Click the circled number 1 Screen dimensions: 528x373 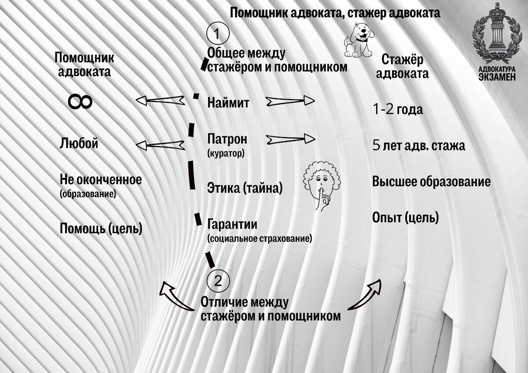pyautogui.click(x=216, y=33)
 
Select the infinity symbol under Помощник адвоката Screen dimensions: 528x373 pyautogui.click(x=80, y=102)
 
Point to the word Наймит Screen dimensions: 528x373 pyautogui.click(x=228, y=103)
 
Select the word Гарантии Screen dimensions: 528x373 pyautogui.click(x=232, y=225)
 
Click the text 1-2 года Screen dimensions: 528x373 pyautogui.click(x=398, y=109)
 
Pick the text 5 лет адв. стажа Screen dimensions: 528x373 pyautogui.click(x=418, y=146)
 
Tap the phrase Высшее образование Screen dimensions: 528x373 pyautogui.click(x=431, y=181)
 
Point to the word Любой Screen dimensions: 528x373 pyautogui.click(x=79, y=144)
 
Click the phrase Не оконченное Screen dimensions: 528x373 pyautogui.click(x=101, y=180)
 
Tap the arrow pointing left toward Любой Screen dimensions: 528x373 pyautogui.click(x=160, y=145)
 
